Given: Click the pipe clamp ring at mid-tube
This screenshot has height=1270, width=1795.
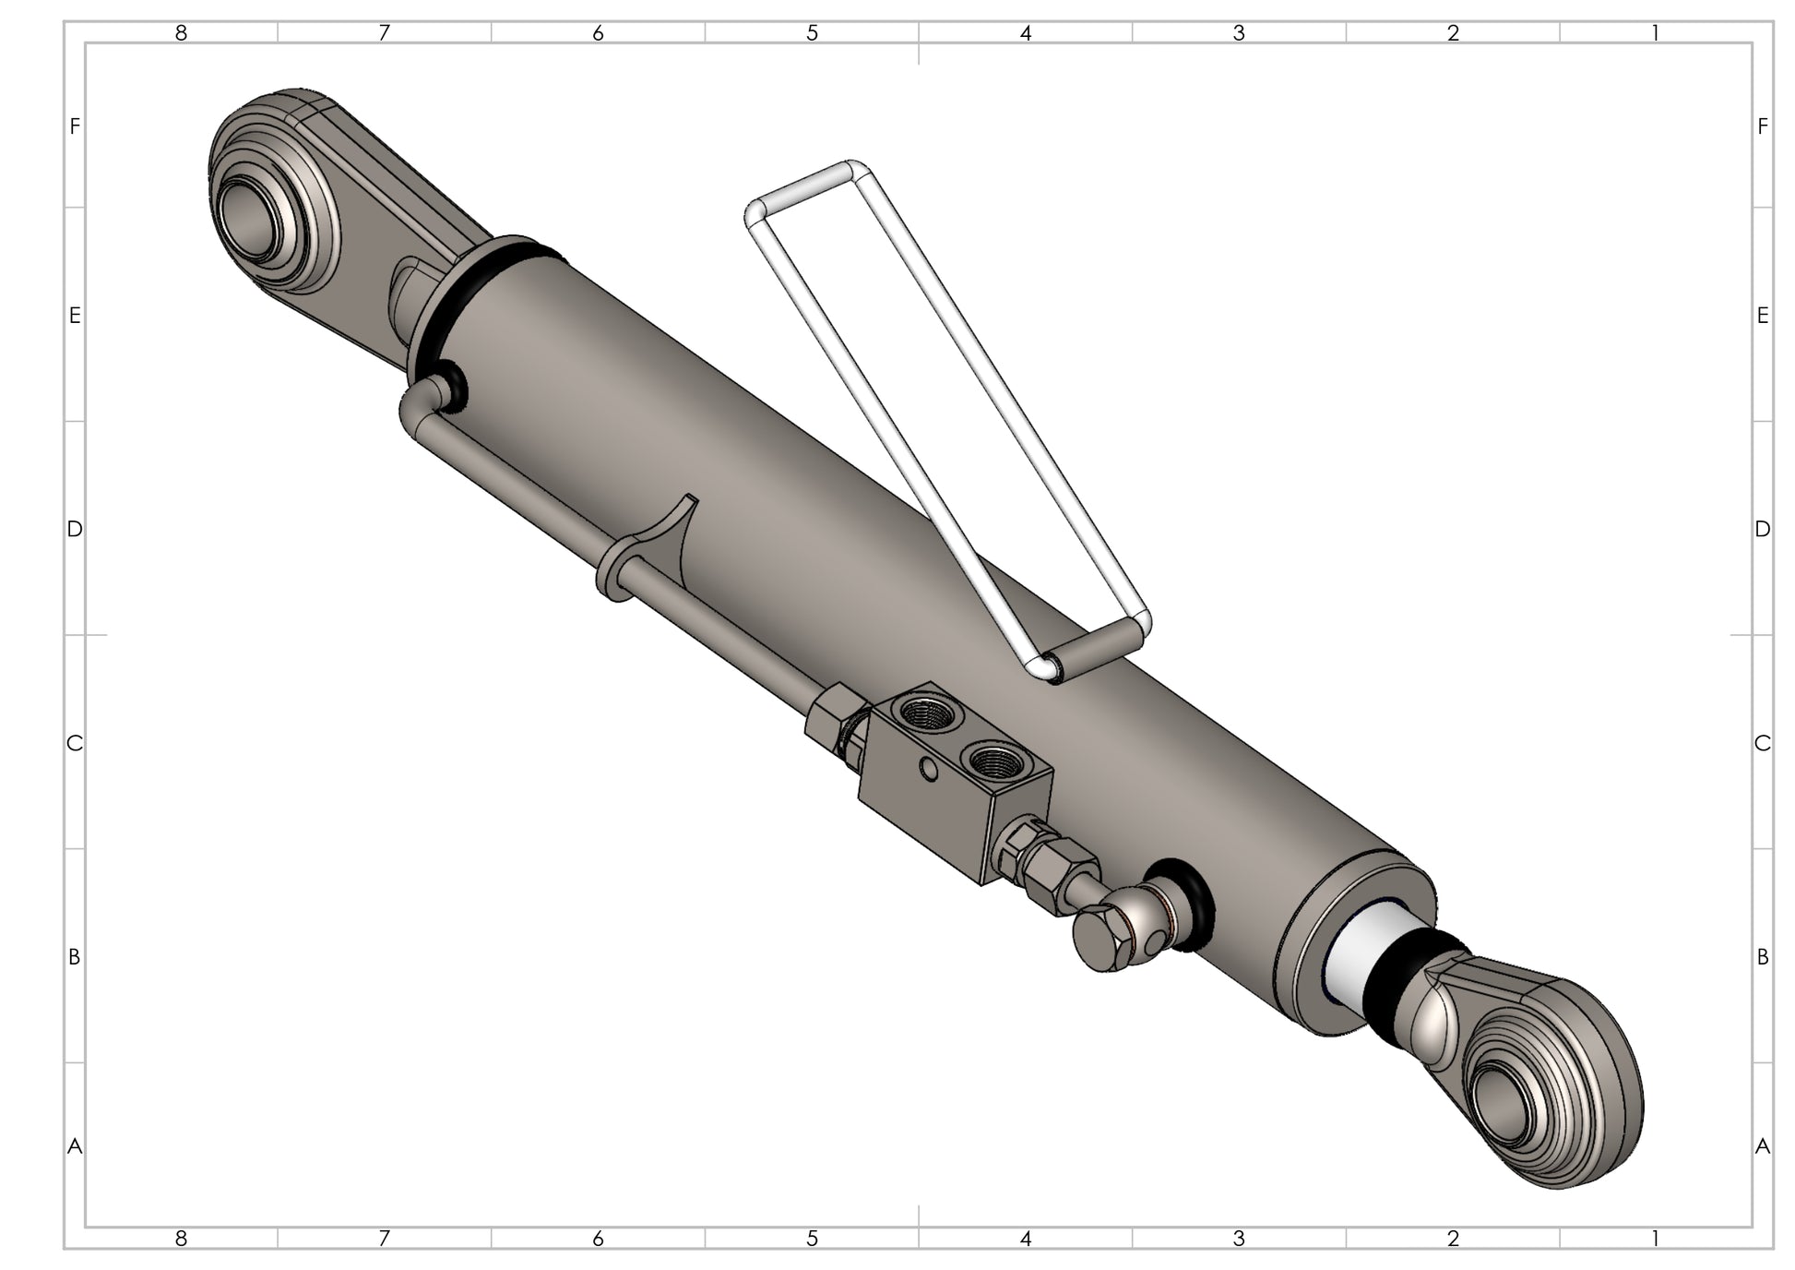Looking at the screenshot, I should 611,574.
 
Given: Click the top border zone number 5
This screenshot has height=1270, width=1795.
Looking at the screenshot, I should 812,33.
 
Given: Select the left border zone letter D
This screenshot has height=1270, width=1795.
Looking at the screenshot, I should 75,529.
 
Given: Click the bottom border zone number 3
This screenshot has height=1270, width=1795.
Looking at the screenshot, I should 1239,1238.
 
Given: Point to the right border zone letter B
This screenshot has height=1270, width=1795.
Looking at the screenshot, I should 1762,957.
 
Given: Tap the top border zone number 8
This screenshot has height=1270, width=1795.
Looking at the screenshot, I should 181,33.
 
